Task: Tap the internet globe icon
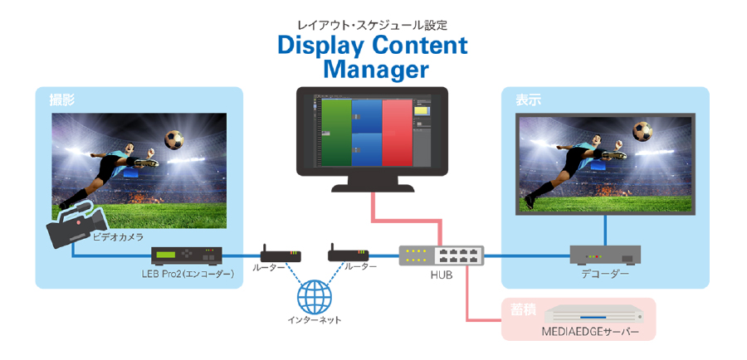click(314, 296)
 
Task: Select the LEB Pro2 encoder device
click(187, 256)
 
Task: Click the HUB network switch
click(442, 255)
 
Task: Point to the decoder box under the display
click(605, 255)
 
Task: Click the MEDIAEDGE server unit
click(594, 314)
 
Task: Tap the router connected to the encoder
click(281, 254)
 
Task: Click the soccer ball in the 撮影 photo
click(174, 139)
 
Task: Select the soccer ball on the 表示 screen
click(642, 131)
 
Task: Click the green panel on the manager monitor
click(336, 133)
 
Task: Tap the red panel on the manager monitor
click(397, 133)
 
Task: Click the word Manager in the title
click(376, 70)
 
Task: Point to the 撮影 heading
click(62, 100)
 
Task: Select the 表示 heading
click(528, 100)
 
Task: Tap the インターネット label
click(315, 320)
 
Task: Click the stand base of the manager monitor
click(373, 188)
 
